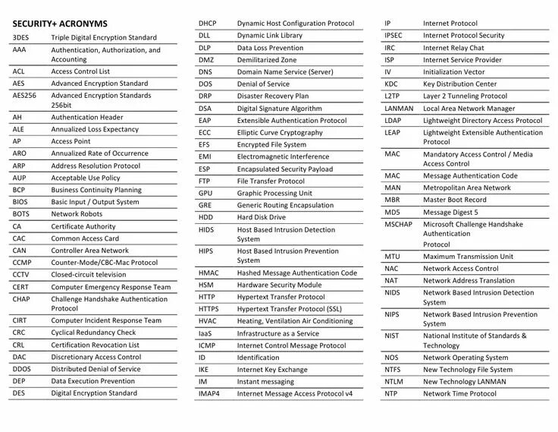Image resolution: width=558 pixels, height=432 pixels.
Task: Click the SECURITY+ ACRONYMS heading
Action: (60, 24)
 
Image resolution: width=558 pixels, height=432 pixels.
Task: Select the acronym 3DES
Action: (21, 37)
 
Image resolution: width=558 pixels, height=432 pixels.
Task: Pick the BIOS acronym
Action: (20, 202)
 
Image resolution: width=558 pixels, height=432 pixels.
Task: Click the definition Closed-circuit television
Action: (89, 274)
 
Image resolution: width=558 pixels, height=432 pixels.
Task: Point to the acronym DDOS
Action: (21, 369)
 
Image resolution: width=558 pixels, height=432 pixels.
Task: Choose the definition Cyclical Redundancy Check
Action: (93, 333)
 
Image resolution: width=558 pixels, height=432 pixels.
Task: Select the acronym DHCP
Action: (208, 24)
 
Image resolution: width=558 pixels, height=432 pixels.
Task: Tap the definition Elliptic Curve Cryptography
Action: (280, 133)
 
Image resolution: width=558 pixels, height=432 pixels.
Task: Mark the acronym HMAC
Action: (208, 273)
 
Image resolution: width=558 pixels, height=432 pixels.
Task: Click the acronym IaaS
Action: (205, 333)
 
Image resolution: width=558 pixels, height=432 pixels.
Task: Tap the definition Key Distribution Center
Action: (459, 84)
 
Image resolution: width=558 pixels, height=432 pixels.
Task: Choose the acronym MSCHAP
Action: (399, 225)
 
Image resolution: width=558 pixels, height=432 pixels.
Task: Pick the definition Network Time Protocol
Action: (459, 393)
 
